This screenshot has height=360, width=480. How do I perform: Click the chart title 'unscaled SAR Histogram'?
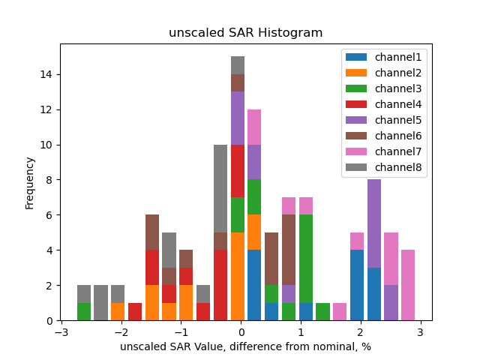click(245, 33)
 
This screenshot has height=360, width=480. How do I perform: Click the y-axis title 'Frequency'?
click(30, 182)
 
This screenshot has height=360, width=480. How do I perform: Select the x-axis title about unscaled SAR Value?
click(245, 346)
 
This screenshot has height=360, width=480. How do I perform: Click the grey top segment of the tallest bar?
click(238, 65)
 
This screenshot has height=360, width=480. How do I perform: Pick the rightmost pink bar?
click(408, 285)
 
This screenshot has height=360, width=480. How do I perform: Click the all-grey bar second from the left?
click(101, 302)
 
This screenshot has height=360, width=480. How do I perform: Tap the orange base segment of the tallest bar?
click(238, 276)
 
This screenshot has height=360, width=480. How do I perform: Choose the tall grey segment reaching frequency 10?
click(220, 188)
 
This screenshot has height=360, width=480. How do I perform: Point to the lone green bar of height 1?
click(323, 311)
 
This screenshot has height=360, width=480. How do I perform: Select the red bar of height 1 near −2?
click(135, 311)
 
